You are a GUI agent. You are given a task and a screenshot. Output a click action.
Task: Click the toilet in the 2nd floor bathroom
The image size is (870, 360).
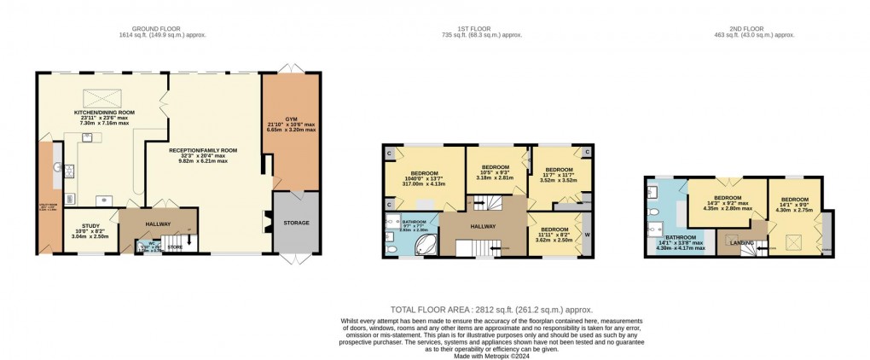click(x=652, y=211)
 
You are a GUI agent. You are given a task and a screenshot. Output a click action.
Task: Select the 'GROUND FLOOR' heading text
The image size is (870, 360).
click(x=163, y=28)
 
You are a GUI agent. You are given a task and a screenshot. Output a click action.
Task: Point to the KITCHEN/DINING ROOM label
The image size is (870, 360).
click(x=104, y=113)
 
